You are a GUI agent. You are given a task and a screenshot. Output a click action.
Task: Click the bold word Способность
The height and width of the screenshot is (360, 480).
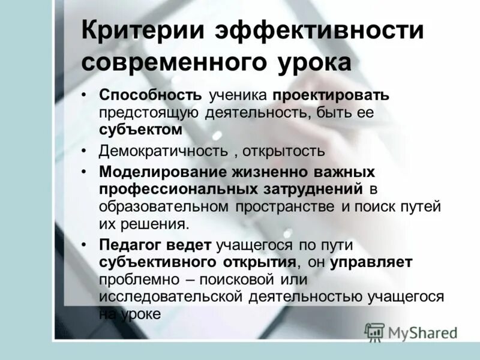coord(151,96)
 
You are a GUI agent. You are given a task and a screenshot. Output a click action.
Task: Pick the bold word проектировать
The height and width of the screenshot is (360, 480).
coord(331,96)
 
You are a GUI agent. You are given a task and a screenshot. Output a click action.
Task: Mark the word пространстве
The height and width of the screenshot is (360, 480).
coord(285,206)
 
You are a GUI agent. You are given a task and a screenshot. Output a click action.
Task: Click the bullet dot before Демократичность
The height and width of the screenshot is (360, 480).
coord(87,151)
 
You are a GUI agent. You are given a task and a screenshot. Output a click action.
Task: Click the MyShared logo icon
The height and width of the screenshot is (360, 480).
coord(374,331)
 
